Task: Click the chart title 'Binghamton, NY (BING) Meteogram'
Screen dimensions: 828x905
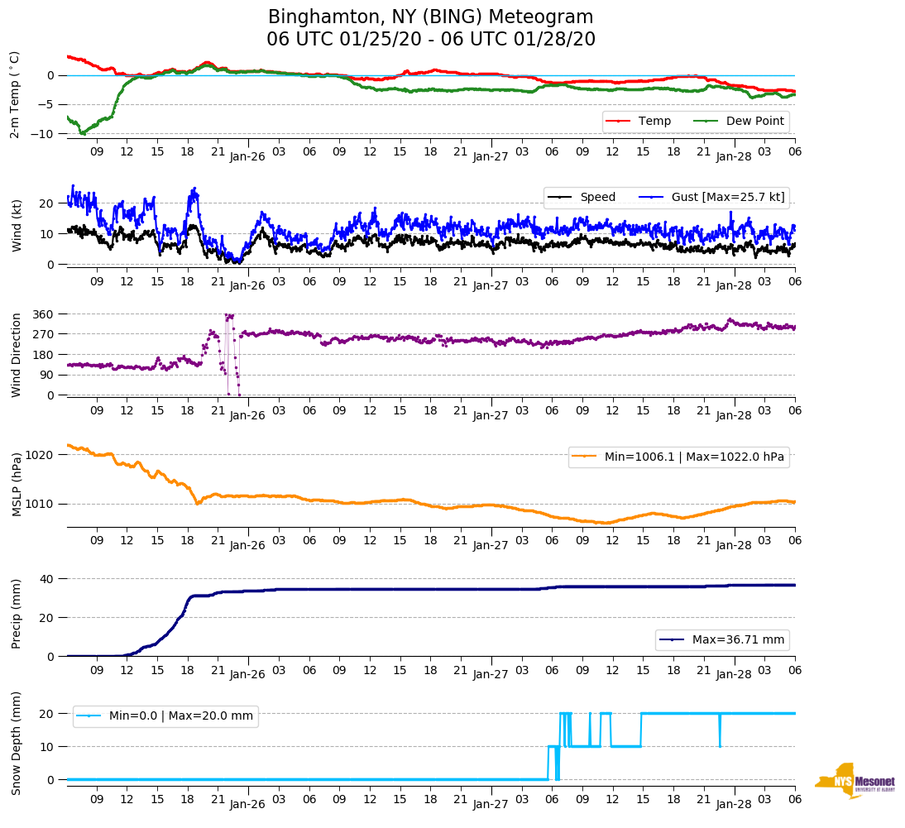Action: tap(431, 17)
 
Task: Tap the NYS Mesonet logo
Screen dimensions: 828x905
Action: tap(855, 780)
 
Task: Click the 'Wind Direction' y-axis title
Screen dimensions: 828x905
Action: tap(17, 355)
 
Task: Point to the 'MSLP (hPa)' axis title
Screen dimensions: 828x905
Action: tap(17, 485)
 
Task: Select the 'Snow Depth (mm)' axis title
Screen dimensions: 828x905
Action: tap(17, 743)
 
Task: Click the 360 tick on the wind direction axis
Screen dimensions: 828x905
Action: tap(44, 314)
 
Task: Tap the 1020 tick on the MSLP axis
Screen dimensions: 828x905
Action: tap(41, 455)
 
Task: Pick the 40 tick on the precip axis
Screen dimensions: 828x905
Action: tap(47, 579)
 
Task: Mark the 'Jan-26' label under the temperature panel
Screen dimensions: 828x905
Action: tap(247, 156)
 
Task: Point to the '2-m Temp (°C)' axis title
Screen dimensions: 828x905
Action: tap(15, 94)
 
